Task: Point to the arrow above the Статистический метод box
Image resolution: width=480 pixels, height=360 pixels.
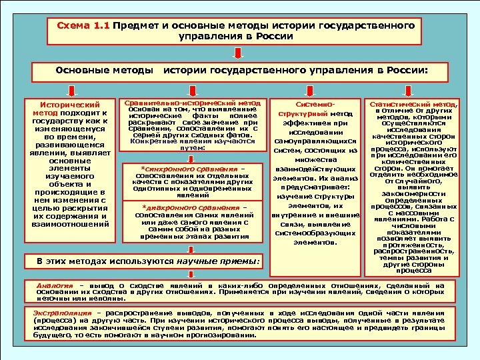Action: [x=417, y=87]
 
